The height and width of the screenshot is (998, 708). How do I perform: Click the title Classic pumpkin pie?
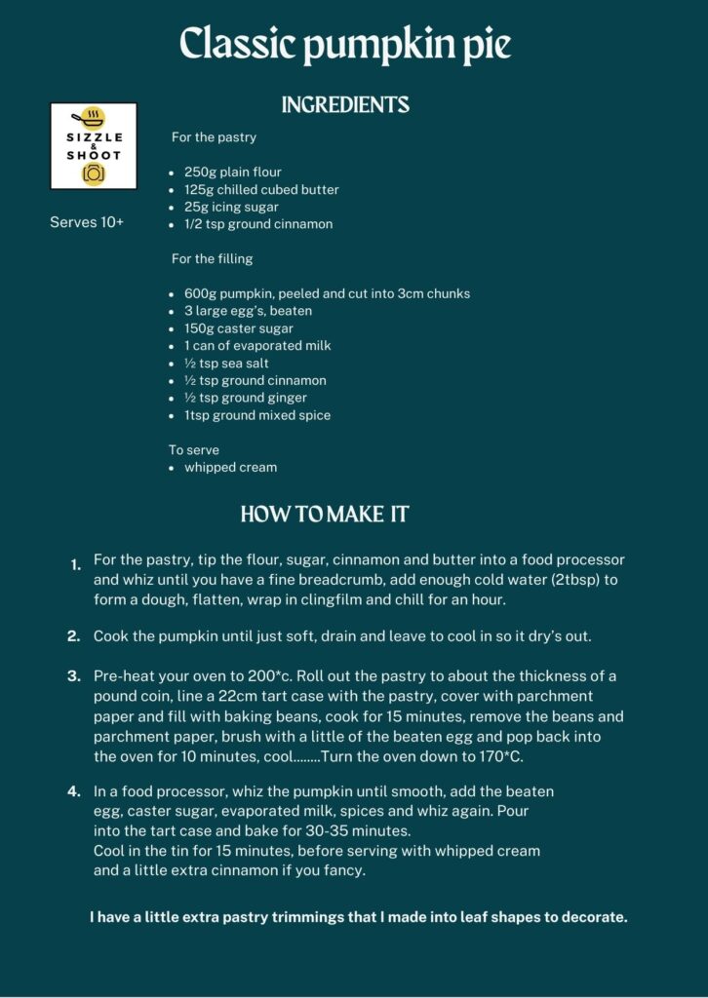click(x=346, y=45)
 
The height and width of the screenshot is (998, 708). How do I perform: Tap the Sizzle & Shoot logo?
click(x=94, y=146)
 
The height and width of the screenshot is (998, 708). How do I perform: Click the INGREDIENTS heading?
click(x=345, y=105)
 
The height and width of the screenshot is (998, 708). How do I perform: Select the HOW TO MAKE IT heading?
click(x=325, y=515)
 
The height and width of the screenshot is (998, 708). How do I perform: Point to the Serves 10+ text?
click(x=87, y=222)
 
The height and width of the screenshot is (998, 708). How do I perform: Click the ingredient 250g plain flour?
click(x=233, y=173)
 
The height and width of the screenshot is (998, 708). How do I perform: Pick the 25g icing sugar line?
click(x=231, y=207)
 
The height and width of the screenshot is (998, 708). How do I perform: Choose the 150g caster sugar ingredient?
click(x=239, y=328)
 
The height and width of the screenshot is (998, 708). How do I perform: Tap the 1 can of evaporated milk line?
click(x=257, y=346)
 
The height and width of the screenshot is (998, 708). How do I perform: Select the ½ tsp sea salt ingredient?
click(x=226, y=364)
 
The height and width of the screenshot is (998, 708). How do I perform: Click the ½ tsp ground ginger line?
click(x=246, y=398)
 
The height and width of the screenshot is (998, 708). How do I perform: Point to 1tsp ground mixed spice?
click(x=257, y=415)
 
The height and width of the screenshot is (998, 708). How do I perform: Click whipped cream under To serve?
click(x=231, y=467)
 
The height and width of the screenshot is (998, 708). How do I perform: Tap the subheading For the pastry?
click(x=214, y=137)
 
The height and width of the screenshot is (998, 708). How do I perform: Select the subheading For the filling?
click(x=212, y=258)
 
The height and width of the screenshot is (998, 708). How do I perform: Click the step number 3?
click(x=74, y=676)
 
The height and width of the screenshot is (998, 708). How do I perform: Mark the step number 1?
click(x=75, y=565)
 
